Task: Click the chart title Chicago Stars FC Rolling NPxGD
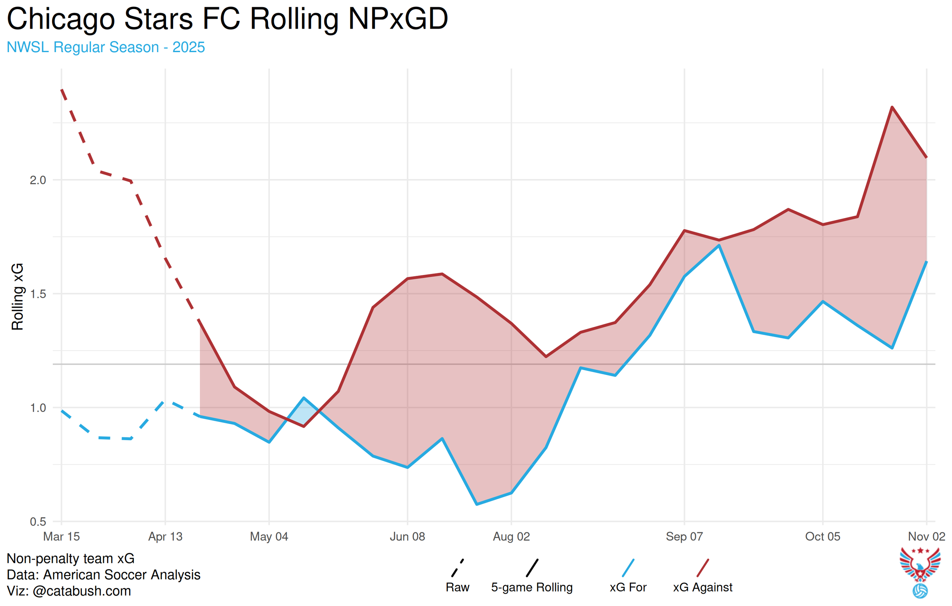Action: click(227, 19)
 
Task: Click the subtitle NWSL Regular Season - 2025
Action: click(105, 47)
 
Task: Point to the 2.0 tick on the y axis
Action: click(38, 180)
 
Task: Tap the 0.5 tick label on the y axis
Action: click(38, 522)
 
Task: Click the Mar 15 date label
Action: click(61, 536)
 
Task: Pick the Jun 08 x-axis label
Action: click(407, 536)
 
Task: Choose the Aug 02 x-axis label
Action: click(511, 536)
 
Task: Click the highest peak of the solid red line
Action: click(892, 107)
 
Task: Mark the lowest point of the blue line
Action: click(477, 504)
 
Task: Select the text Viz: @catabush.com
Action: click(69, 591)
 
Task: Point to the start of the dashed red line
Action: click(62, 90)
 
